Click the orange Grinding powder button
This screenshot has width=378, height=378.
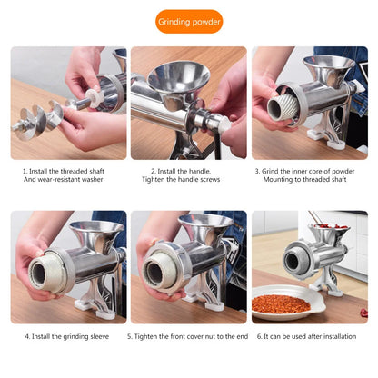[188, 21]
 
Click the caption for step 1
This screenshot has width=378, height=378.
[68, 174]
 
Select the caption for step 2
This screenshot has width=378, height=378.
[188, 174]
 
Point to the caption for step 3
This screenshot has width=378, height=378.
[310, 174]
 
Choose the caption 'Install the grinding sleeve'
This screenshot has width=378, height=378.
[68, 336]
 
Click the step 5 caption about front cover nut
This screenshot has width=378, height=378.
[188, 336]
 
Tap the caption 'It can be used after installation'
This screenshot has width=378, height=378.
[310, 336]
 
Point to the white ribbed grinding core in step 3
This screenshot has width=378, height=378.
[281, 109]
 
